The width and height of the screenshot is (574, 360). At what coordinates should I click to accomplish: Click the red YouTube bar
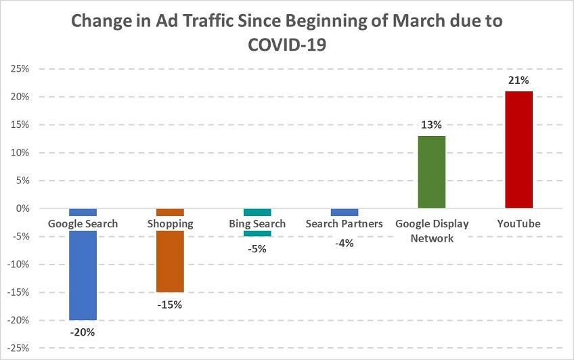point(519,149)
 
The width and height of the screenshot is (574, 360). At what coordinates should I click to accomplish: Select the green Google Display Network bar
point(431,172)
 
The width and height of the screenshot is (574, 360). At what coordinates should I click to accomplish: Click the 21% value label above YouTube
point(519,81)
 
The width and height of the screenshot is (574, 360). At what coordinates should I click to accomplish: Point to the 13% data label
point(431,125)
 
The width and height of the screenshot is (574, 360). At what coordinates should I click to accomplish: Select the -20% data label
point(83,332)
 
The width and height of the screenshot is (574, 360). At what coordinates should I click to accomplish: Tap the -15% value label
point(170,304)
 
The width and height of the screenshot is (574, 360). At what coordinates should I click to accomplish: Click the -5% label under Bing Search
point(257,248)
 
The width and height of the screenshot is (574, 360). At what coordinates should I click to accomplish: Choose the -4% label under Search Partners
point(344,243)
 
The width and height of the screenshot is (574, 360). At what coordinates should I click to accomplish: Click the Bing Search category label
point(257,223)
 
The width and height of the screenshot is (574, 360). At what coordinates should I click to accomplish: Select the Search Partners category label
point(344,223)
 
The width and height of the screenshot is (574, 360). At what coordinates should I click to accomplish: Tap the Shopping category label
point(170,223)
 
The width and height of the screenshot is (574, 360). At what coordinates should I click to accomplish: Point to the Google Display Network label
point(431,230)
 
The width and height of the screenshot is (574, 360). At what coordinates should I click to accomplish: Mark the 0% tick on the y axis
point(22,208)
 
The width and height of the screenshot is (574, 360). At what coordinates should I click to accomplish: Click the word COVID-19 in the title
point(287,44)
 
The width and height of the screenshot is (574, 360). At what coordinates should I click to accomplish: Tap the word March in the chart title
point(402,20)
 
